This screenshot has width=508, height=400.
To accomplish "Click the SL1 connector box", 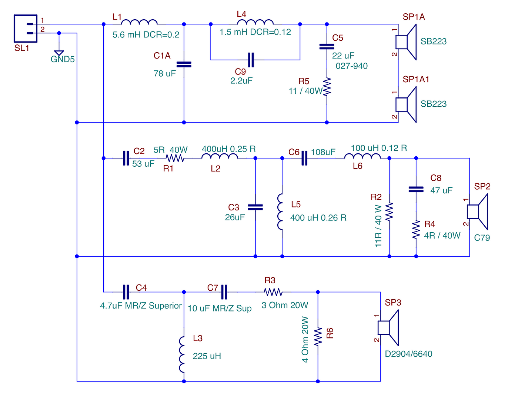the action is coord(26,29).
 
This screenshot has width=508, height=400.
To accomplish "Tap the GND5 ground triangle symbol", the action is coord(59,53).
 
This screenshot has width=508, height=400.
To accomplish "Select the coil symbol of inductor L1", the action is coord(139,22).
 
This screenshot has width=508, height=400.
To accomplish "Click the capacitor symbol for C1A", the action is coord(184,64).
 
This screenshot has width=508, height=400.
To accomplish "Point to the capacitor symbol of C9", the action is coord(251,60).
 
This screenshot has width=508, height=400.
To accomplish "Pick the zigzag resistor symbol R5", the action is coord(327,87).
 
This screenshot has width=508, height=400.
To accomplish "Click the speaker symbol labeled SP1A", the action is coord(406,42).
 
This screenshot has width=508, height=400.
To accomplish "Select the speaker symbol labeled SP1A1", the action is coord(406,104).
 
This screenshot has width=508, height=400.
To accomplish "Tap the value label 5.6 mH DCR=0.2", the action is coord(146,35).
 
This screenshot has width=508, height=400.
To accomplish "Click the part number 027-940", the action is coord(351,66).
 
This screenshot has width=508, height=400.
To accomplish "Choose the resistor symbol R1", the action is coord(175,158).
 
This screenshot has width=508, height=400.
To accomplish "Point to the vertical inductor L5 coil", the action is coord(280,211).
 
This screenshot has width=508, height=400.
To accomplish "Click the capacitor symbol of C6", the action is coord(304,158).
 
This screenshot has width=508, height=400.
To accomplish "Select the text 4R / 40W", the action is coord(442,236).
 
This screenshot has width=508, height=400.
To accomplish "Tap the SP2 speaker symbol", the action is coord(477,211).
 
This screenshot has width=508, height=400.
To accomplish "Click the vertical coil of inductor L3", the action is coord(182,354).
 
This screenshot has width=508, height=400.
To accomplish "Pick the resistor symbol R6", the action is coord(318,337).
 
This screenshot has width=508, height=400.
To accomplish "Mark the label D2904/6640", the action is coord(408,354).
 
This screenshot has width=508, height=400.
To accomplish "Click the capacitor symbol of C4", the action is coord(126,292).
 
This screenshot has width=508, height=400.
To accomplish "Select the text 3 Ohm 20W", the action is coord(285,305).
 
